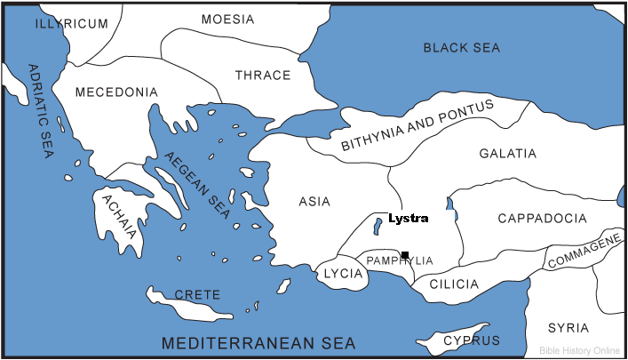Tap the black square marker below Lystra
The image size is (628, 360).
(x=405, y=255)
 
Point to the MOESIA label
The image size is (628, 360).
(x=227, y=19)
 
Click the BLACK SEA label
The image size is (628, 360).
(x=463, y=48)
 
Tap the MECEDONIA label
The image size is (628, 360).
(x=116, y=92)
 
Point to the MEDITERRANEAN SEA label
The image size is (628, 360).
(x=258, y=342)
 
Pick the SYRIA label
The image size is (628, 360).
(x=568, y=327)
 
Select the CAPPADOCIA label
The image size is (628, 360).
(x=541, y=218)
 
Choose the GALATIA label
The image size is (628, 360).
(x=508, y=154)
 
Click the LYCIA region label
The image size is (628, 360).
(x=344, y=274)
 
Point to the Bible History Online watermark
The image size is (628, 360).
(x=580, y=350)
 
